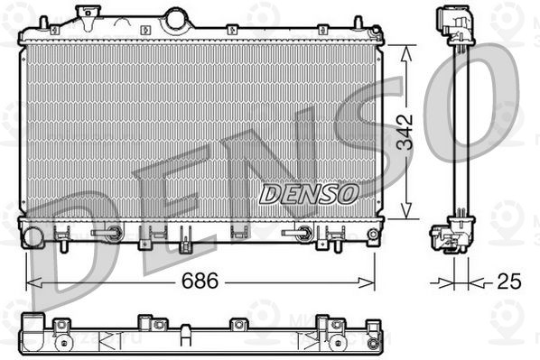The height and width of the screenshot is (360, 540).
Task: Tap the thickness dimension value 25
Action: [x=509, y=282]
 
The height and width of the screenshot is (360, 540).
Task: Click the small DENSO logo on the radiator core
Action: [x=309, y=193]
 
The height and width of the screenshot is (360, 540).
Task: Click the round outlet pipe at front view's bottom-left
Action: [x=33, y=238]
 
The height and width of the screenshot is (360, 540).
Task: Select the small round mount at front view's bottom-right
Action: [x=373, y=235]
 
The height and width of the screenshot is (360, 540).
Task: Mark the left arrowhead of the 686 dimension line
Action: [x=30, y=282]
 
